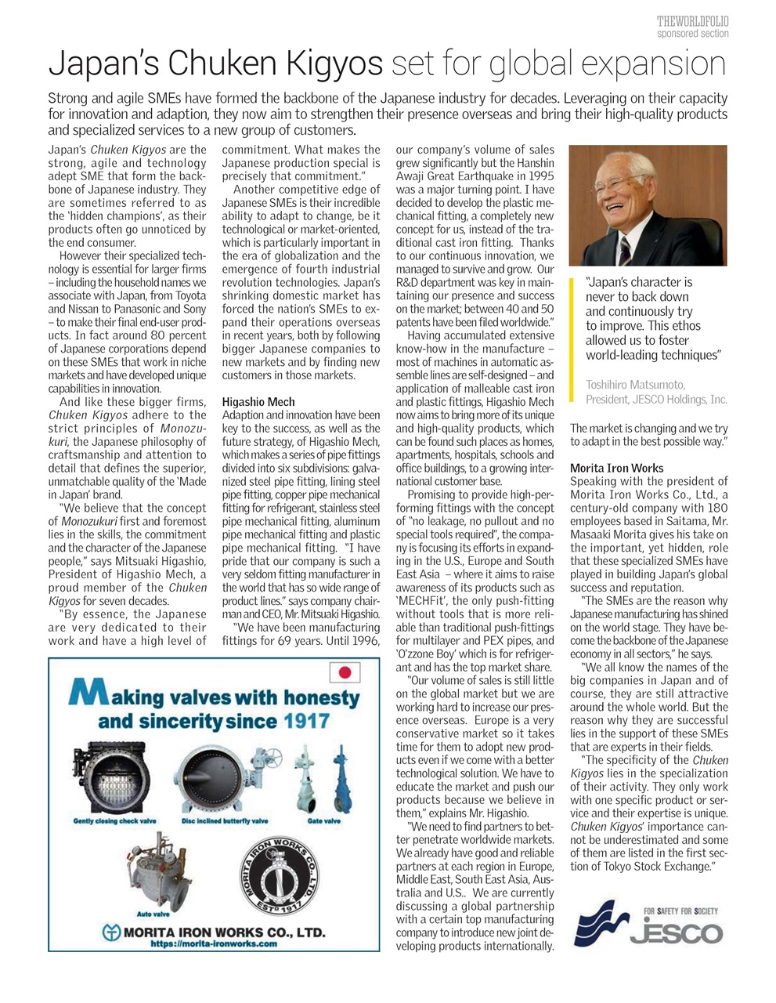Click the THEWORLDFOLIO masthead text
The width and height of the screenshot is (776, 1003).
(x=692, y=21)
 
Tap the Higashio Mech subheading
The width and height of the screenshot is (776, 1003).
(x=258, y=402)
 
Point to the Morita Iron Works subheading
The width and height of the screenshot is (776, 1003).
(x=616, y=468)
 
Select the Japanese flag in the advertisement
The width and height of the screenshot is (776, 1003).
(x=345, y=672)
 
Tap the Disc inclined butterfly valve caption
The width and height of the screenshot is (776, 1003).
(x=225, y=821)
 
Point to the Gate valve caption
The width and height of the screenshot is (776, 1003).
(x=323, y=821)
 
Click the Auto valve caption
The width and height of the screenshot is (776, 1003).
(x=153, y=914)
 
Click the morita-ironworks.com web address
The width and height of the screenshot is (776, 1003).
(x=214, y=944)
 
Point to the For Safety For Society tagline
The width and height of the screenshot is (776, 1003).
(x=680, y=911)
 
